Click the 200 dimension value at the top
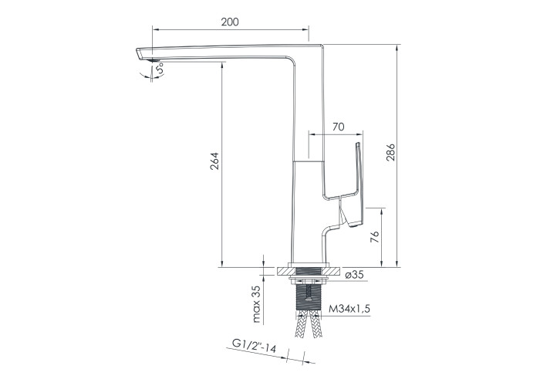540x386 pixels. click(x=230, y=22)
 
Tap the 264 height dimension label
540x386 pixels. click(x=214, y=161)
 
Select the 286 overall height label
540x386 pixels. click(x=390, y=152)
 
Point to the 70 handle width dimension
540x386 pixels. click(x=338, y=127)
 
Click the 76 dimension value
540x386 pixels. click(x=375, y=237)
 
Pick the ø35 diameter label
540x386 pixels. click(x=354, y=275)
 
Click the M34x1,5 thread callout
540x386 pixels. click(x=349, y=309)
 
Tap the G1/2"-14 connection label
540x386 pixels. click(x=254, y=345)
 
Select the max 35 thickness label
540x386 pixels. click(x=257, y=303)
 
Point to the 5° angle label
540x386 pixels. click(x=160, y=69)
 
